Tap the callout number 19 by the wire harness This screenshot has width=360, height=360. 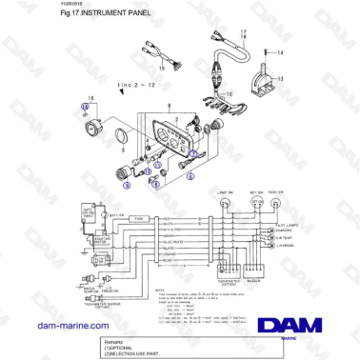(163, 70)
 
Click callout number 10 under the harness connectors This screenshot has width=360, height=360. (228, 93)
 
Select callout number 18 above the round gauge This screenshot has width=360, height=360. (91, 100)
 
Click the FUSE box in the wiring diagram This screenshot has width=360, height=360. (138, 218)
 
